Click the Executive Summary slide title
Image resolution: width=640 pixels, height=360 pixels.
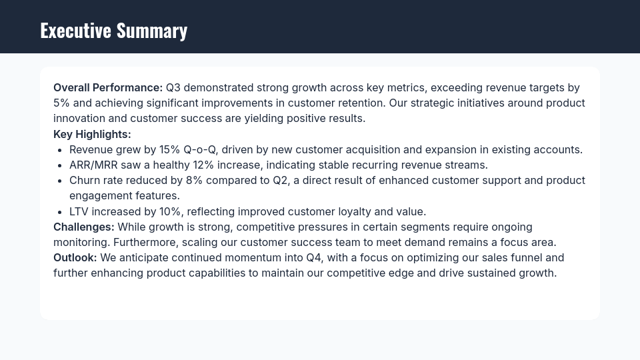tap(113, 31)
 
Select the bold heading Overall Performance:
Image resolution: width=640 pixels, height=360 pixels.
tap(108, 87)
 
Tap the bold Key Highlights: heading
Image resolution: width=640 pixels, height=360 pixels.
tap(92, 134)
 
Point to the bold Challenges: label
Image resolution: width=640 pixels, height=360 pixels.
tap(84, 227)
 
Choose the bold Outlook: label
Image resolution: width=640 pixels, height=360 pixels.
tap(75, 257)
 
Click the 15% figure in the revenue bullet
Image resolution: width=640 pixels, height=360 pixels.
tap(170, 149)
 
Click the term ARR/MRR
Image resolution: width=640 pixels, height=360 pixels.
tap(93, 165)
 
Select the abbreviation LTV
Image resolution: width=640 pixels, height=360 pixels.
tap(79, 211)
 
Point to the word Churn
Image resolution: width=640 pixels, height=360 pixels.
tap(84, 180)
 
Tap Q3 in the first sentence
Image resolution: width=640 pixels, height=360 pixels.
tap(173, 87)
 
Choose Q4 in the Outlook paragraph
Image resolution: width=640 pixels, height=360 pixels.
tap(314, 257)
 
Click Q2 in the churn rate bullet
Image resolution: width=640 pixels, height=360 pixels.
tap(280, 180)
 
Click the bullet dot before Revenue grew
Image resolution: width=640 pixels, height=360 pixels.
tap(60, 150)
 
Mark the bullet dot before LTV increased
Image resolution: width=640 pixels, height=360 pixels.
tap(60, 212)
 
